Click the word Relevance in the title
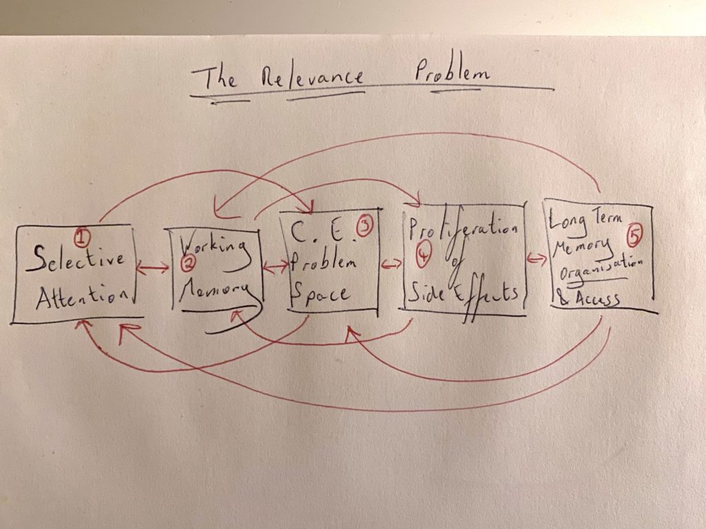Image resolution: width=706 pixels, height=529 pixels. tap(312, 77)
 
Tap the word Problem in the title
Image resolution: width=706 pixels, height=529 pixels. tap(452, 72)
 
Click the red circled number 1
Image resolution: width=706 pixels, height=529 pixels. tap(82, 237)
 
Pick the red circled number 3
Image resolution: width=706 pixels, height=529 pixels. tap(364, 227)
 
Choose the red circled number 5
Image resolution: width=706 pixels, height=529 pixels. tap(634, 236)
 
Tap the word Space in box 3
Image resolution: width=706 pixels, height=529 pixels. tap(320, 293)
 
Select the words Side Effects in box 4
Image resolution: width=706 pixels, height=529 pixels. tap(464, 295)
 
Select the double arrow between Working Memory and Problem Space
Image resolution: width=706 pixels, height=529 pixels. tap(276, 268)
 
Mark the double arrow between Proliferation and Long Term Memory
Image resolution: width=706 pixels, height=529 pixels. tap(537, 259)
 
